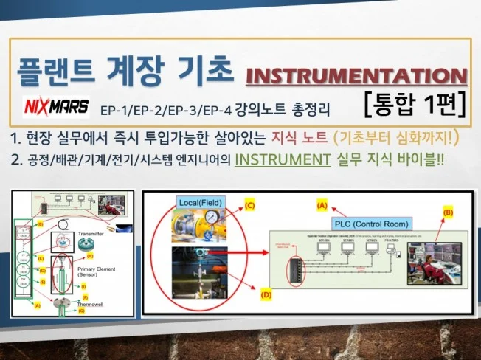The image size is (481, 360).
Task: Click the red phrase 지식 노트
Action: coord(289,137)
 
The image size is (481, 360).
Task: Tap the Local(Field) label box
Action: coord(199,201)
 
